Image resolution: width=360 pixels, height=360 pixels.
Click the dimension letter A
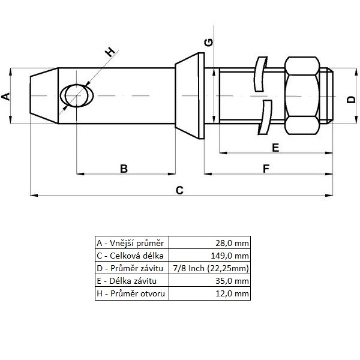tap(6, 96)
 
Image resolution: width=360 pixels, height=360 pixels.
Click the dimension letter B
tap(124, 169)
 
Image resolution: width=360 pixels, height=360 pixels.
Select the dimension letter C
tap(179, 190)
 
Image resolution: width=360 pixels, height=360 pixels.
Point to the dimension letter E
tap(275, 148)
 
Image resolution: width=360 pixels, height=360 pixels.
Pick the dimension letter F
tap(266, 169)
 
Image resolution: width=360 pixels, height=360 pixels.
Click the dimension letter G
tap(208, 42)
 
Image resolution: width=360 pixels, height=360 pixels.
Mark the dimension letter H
tap(110, 52)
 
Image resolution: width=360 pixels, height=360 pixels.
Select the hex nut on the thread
tap(304, 96)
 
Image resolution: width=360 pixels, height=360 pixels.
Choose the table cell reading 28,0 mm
tap(210, 243)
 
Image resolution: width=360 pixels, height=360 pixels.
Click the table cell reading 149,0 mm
tap(210, 256)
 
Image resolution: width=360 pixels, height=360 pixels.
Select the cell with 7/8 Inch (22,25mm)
tap(210, 268)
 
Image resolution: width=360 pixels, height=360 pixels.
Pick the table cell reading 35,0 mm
tap(210, 281)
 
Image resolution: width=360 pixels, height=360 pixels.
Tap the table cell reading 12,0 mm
tap(210, 293)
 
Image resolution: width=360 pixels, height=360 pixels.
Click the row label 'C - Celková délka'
tap(132, 256)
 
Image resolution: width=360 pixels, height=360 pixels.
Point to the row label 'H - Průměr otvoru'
tap(132, 293)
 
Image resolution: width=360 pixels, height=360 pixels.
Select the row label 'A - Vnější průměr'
tap(132, 243)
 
